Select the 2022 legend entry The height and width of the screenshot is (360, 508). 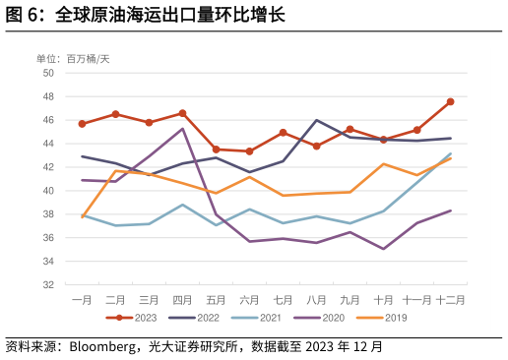tap(194, 318)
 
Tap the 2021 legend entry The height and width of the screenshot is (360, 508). tap(256, 318)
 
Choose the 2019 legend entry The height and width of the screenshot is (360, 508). tap(381, 318)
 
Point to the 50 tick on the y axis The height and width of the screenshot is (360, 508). tap(47, 73)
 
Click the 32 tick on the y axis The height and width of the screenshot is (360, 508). tap(47, 285)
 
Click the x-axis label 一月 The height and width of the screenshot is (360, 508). tap(82, 299)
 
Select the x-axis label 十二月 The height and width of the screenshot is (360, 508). tap(450, 299)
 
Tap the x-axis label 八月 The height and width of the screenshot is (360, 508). tap(316, 299)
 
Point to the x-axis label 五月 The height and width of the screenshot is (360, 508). tap(216, 299)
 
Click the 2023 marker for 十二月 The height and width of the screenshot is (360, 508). tap(450, 101)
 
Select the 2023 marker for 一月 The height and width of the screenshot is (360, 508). tap(82, 124)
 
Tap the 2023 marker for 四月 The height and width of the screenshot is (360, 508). tap(182, 113)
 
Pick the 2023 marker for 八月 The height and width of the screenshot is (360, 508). tap(316, 146)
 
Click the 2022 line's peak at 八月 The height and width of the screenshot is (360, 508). tap(316, 120)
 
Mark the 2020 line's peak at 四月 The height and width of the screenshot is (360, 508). tap(182, 129)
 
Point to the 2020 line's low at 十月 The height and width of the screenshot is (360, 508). tap(383, 249)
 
